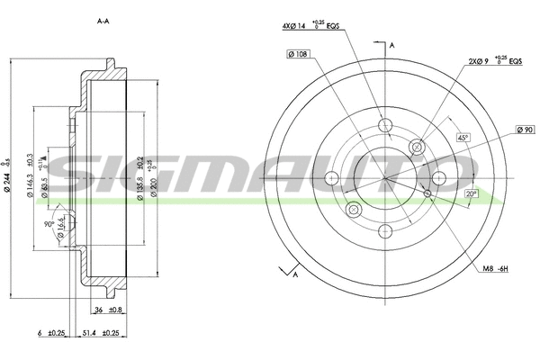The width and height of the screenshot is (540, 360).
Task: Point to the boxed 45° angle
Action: (463, 139)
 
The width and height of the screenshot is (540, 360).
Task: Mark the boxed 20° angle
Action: (471, 193)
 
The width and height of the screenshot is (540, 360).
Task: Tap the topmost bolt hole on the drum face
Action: (385, 125)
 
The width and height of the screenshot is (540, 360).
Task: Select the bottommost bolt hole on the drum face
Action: (385, 229)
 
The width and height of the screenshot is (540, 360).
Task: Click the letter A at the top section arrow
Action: (391, 44)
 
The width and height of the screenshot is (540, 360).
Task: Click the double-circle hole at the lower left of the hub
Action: (353, 210)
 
